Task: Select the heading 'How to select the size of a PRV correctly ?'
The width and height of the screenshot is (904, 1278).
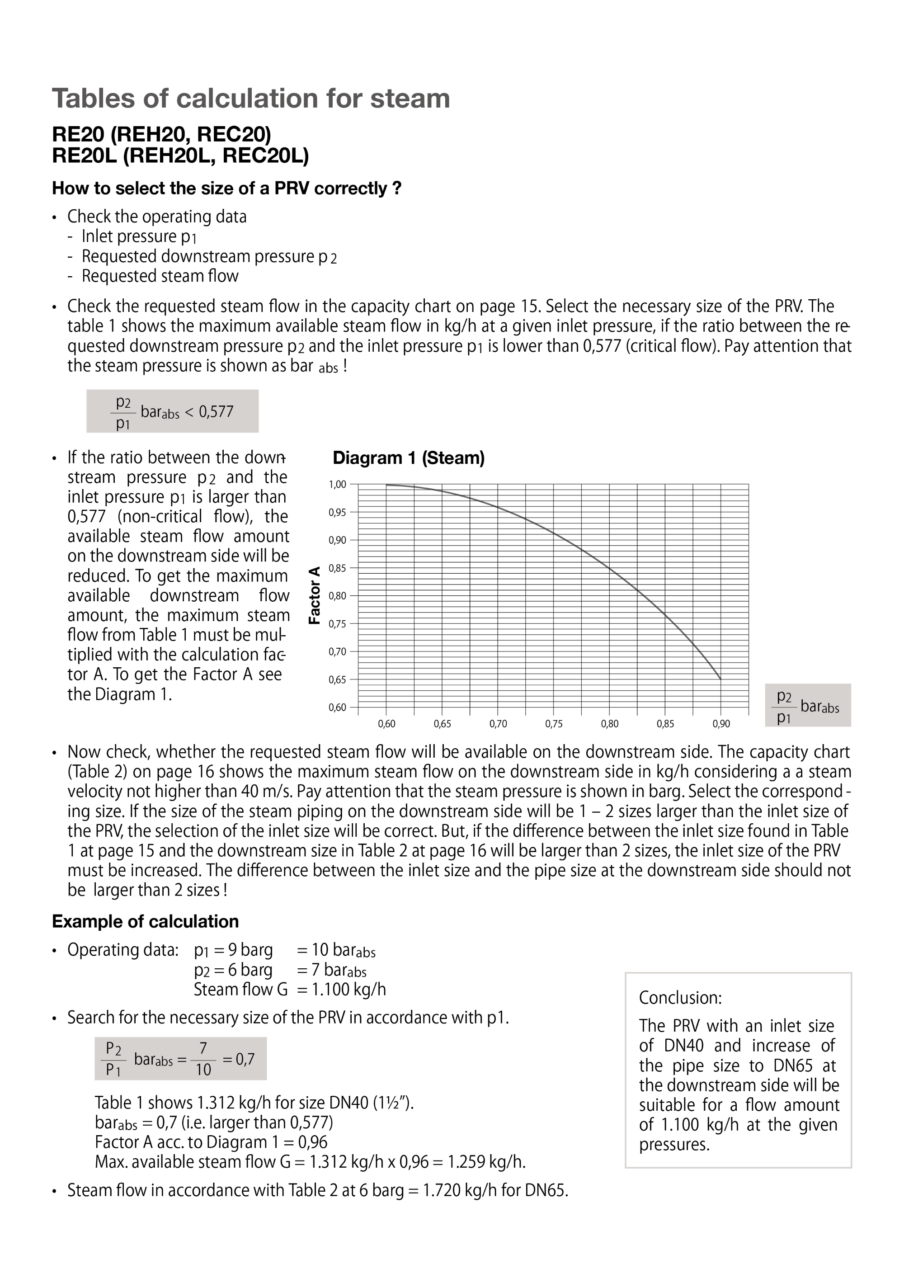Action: click(226, 189)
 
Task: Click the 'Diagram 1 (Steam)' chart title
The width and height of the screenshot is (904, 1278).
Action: click(408, 458)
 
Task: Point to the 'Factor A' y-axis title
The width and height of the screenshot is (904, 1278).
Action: click(315, 595)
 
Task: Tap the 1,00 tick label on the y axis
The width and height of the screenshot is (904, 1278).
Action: click(337, 485)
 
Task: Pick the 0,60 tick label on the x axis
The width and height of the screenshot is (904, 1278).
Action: click(386, 724)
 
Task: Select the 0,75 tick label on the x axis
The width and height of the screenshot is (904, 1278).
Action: click(553, 724)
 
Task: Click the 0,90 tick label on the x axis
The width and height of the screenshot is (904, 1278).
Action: click(721, 724)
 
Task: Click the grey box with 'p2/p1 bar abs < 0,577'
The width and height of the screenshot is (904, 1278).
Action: click(173, 411)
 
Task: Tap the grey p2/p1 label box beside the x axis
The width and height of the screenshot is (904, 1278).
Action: click(808, 705)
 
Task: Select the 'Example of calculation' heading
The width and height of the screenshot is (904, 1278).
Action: click(145, 922)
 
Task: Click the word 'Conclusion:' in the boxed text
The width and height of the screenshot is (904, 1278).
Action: click(680, 997)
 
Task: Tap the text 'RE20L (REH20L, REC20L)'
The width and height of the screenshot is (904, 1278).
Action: click(180, 156)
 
